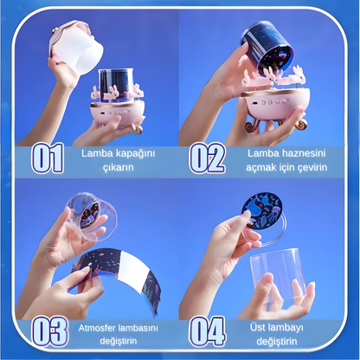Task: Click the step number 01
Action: point(48,158)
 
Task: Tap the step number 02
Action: point(207,158)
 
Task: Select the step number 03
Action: point(49,331)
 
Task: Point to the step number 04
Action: point(208,331)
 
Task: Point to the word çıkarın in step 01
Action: point(119,168)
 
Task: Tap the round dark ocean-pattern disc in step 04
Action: point(261,211)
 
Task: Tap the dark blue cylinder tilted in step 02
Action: point(266,49)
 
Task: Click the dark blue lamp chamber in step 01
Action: point(116,84)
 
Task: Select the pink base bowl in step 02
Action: point(275,103)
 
